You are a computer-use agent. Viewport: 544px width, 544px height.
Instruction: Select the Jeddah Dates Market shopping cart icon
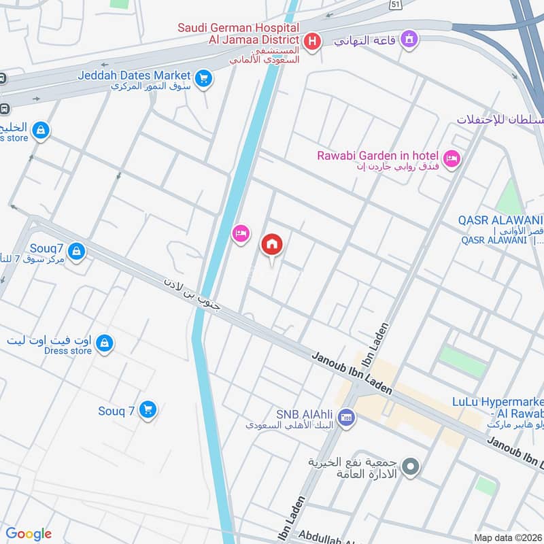(203, 79)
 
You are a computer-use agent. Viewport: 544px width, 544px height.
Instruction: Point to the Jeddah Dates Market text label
(133, 75)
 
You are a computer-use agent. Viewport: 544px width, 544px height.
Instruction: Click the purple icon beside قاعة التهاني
(409, 38)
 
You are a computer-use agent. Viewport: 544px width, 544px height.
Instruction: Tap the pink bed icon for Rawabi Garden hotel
(452, 159)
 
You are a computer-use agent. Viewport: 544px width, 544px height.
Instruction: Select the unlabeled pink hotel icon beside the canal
(240, 235)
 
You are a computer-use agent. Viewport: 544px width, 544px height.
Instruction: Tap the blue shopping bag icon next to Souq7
(77, 252)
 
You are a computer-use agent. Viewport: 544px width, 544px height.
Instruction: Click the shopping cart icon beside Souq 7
(148, 409)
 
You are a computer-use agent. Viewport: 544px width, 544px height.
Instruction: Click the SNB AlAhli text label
(306, 413)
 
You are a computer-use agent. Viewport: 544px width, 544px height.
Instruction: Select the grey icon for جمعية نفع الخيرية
(410, 467)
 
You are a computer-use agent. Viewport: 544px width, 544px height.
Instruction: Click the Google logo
(29, 533)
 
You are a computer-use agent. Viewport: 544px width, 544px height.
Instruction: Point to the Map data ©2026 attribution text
(507, 537)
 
